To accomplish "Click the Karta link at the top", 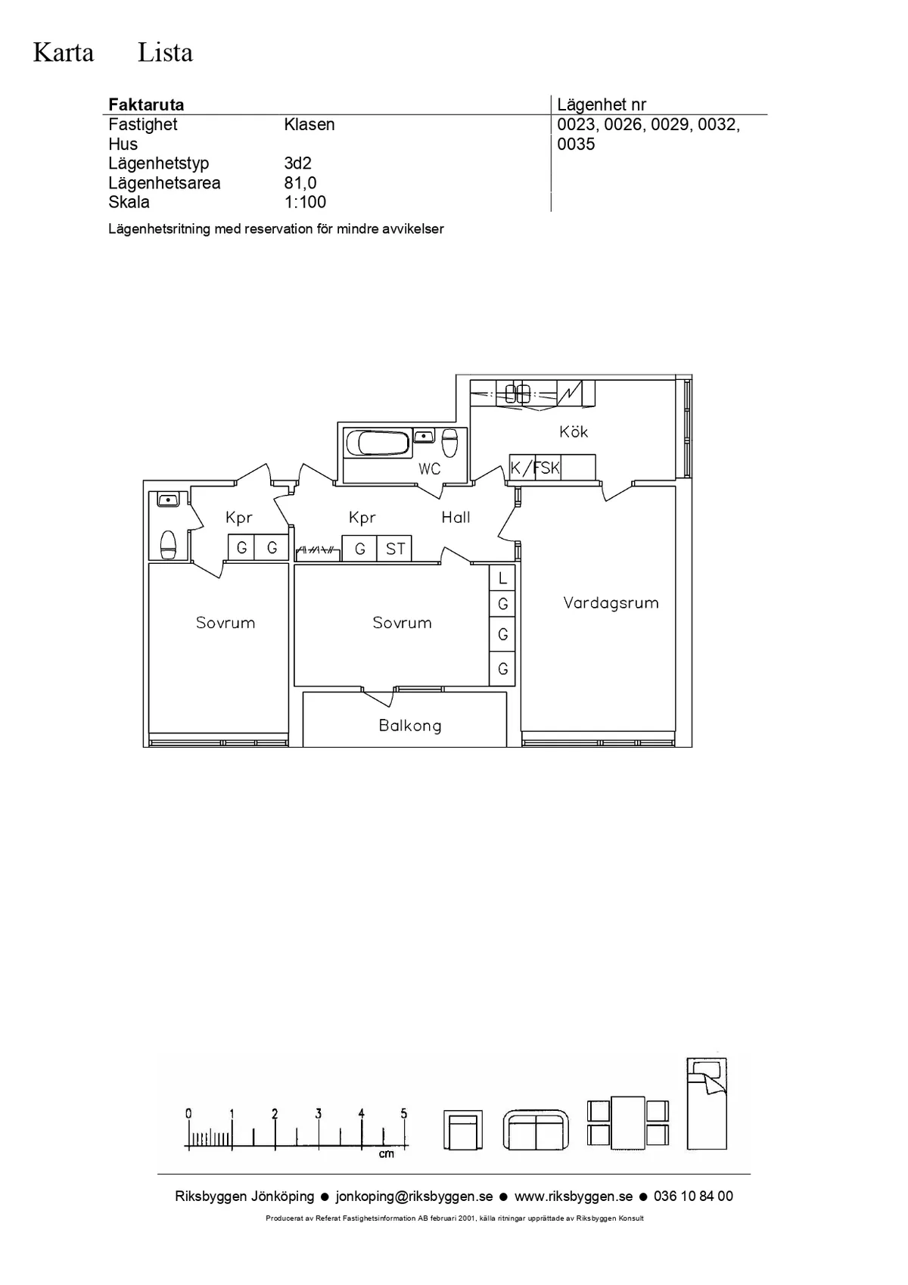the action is (x=64, y=53).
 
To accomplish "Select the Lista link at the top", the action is (x=165, y=53).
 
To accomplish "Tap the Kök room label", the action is (x=574, y=431).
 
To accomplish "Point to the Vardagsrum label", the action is (x=611, y=603).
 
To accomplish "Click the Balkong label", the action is (x=410, y=727).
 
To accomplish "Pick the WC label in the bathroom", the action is (x=430, y=469).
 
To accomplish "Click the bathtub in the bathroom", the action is (x=378, y=443).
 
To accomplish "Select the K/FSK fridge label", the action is (x=535, y=468).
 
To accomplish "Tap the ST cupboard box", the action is (x=395, y=549).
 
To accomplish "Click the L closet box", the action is (x=502, y=578).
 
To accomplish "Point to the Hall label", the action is (x=456, y=518).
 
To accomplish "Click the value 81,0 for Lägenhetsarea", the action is (x=300, y=183).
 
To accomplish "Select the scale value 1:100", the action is (x=305, y=202).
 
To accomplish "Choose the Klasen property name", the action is (x=309, y=124).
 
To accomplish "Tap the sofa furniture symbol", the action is (x=536, y=1130).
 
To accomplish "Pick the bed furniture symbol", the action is (x=707, y=1104).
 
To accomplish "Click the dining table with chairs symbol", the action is (x=628, y=1122).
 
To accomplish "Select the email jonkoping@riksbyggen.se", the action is (x=414, y=1196).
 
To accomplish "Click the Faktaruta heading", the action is (x=146, y=105).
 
